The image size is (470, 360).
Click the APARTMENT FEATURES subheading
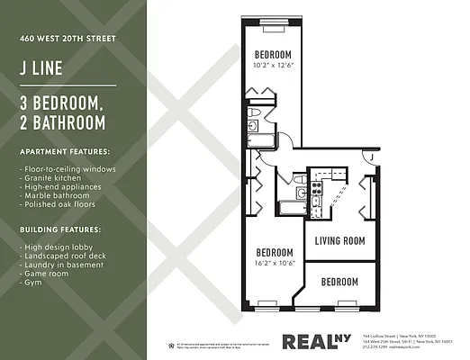[x=66, y=151]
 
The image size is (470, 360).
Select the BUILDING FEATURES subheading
[x=61, y=230]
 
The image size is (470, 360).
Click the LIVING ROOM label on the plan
[x=339, y=240]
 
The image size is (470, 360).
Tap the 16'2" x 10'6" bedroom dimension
[x=275, y=263]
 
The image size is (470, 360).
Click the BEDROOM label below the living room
[x=339, y=282]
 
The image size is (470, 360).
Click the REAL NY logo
[x=315, y=341]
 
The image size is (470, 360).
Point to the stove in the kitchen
[x=317, y=189]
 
